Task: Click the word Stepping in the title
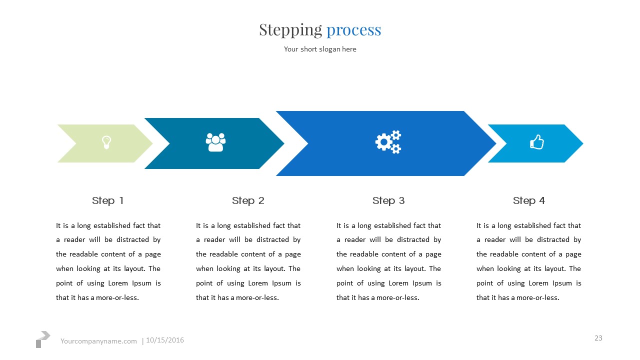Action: coord(290,30)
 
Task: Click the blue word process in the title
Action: coord(353,30)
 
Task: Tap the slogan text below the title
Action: coord(320,49)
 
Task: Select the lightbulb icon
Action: coord(106,142)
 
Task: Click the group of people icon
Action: coord(215,142)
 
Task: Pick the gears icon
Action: coord(388,142)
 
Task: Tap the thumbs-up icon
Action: coord(536,142)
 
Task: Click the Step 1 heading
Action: coord(107,200)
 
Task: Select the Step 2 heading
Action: coord(248,200)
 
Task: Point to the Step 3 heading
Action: coord(388,200)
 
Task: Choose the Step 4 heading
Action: coord(528,200)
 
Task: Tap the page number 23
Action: coord(598,338)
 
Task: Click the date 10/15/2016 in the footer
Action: coord(165,340)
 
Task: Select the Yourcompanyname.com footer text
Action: coord(98,341)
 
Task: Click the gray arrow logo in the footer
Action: coord(43,338)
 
